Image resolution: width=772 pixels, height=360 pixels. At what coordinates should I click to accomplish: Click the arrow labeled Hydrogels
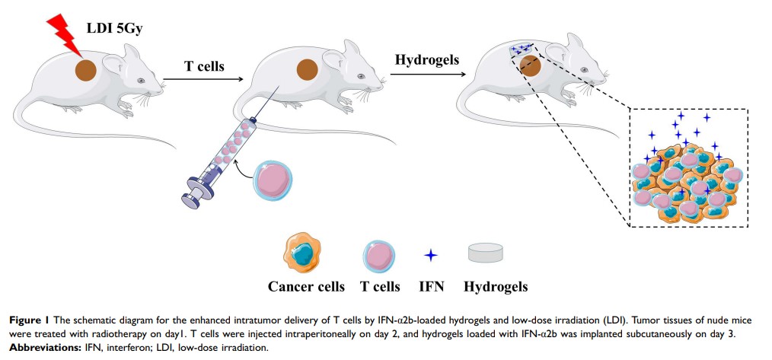click(427, 76)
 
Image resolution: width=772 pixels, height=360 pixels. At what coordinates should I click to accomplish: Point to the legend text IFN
click(431, 287)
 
